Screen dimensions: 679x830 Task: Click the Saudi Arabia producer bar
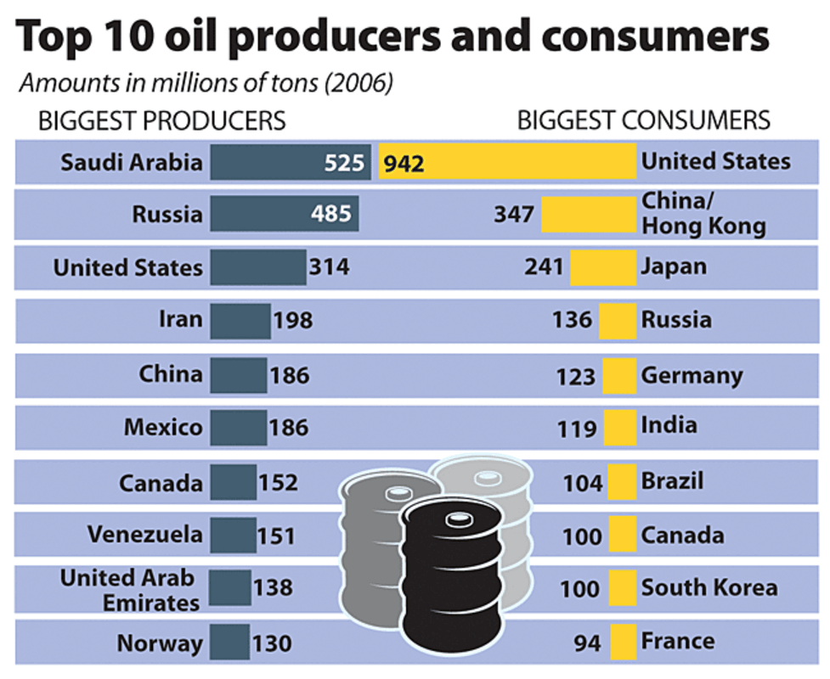coord(289,162)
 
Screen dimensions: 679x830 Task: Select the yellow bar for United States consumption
coord(507,162)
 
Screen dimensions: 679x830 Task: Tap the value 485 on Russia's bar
coord(330,214)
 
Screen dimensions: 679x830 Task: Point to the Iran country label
coord(180,319)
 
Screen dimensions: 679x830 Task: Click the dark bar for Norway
coord(229,642)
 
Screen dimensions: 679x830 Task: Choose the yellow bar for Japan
coord(602,267)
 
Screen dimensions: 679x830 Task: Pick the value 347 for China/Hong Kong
coord(514,214)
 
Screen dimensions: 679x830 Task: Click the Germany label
coord(692,374)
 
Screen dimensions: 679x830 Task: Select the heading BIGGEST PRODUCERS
coord(161,121)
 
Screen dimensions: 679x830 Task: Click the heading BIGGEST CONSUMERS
coord(643,121)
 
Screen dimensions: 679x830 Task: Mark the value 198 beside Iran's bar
coord(292,321)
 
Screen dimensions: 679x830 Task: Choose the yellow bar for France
coord(623,641)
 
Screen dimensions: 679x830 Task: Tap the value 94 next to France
coord(585,643)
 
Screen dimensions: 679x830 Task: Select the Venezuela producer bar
coord(233,536)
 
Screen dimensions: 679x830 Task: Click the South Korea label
coord(709,587)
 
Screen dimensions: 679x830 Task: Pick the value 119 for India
coord(579,429)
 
